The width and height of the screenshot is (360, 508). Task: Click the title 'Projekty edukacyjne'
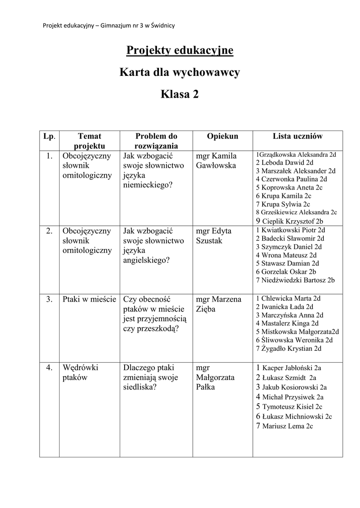(x=180, y=51)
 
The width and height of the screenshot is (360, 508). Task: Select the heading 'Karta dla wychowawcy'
(x=180, y=72)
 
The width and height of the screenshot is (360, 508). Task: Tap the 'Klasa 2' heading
(x=180, y=94)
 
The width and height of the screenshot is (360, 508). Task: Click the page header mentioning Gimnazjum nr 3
(x=109, y=25)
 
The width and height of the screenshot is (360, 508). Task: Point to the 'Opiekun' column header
(x=222, y=136)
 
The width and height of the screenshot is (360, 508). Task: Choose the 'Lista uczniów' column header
(x=297, y=136)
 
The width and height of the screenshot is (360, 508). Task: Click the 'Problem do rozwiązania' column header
(x=156, y=141)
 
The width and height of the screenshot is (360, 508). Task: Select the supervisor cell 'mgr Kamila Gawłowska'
(x=216, y=160)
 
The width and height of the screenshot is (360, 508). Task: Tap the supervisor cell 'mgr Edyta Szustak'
(x=214, y=236)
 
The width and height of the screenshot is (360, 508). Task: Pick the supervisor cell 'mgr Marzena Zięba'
(x=218, y=304)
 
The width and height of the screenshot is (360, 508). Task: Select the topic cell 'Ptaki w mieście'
(x=89, y=299)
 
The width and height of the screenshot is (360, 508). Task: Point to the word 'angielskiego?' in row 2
(x=146, y=259)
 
